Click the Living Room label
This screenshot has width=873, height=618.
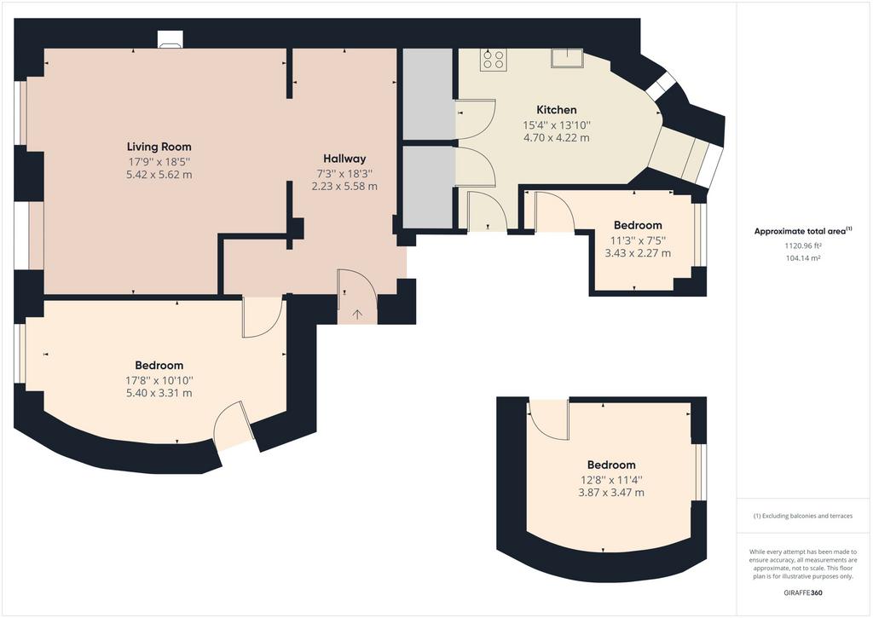pos(159,147)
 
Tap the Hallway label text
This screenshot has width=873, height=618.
pos(344,159)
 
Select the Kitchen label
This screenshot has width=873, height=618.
pos(556,110)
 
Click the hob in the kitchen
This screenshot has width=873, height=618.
pos(494,60)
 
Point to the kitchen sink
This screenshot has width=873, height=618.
pos(567,58)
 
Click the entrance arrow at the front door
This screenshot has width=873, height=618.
pos(357,315)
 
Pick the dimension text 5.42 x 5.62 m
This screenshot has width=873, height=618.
pos(159,175)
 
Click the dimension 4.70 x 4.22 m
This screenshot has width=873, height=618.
pos(556,137)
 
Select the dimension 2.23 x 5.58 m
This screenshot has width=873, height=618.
pos(344,187)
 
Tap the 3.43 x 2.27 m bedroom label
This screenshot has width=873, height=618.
pos(638,253)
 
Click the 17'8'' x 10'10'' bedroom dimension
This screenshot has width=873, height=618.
pos(159,380)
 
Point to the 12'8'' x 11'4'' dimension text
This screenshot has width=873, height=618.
pos(611,479)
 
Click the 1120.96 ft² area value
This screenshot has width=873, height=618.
pos(803,245)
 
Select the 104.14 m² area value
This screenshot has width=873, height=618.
pos(803,258)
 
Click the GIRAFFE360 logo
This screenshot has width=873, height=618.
pos(802,593)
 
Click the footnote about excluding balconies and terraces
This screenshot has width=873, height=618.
pos(803,516)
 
